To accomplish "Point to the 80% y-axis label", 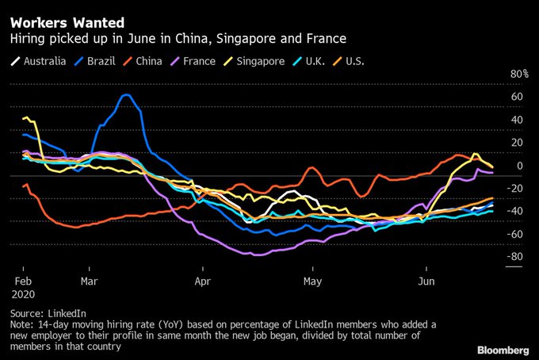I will (x=519, y=74).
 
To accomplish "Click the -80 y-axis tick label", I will (x=516, y=257).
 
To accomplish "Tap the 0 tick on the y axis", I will (x=518, y=166).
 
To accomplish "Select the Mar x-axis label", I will (x=89, y=281).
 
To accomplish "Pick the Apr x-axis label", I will (x=203, y=281).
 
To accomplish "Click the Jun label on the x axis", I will (x=426, y=281).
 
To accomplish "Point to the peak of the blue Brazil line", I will (x=126, y=95).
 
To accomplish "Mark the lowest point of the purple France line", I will (x=257, y=255).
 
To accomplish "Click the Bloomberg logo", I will (x=503, y=349).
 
